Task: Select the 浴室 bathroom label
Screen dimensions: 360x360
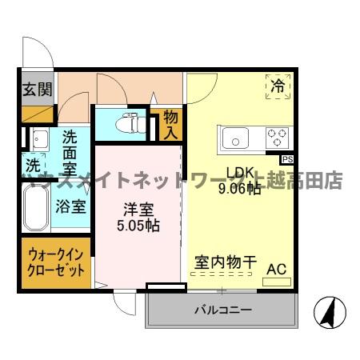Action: point(70,206)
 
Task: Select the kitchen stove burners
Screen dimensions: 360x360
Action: point(277,137)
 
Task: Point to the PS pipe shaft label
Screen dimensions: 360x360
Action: point(286,159)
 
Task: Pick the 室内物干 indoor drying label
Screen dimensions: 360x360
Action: point(225,262)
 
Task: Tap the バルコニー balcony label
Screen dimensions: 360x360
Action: point(222,310)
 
